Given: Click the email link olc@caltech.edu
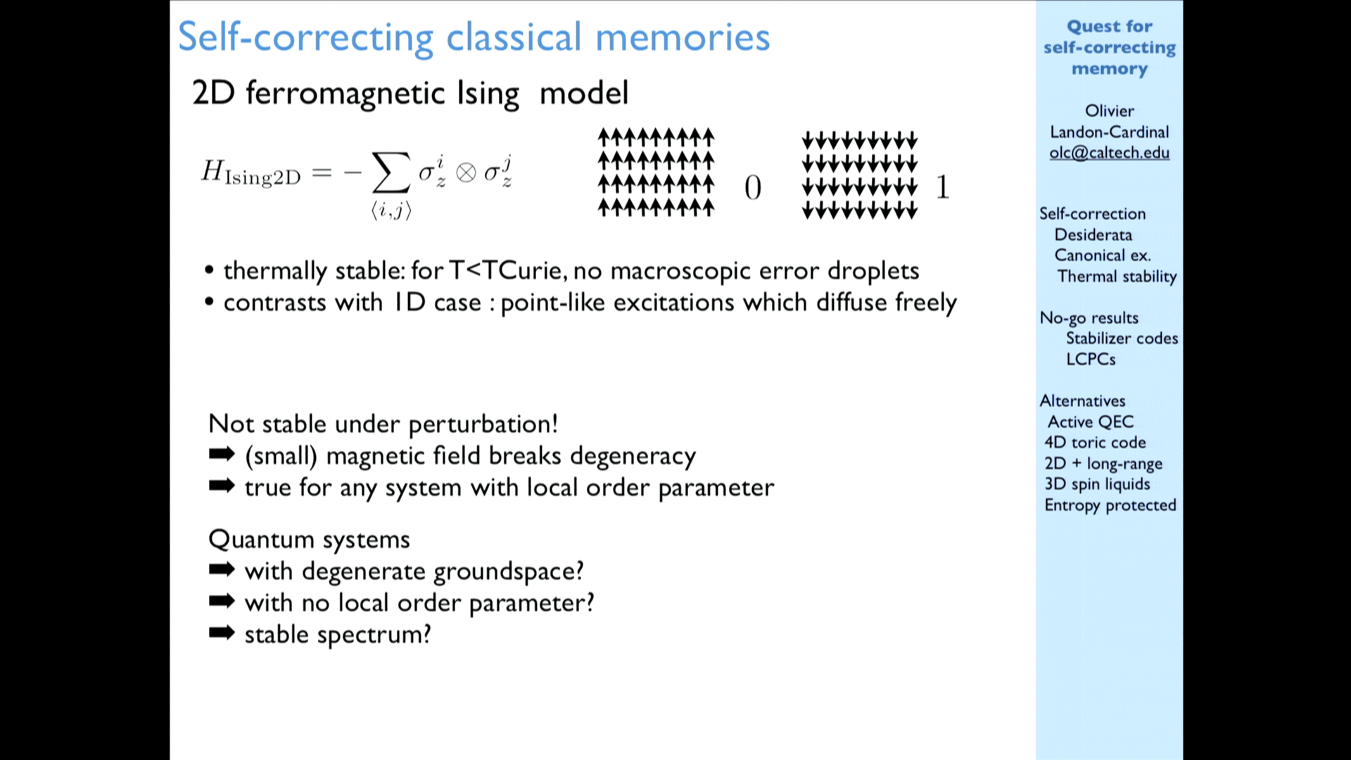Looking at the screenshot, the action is (x=1109, y=153).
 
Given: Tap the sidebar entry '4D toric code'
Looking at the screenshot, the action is (x=1095, y=442).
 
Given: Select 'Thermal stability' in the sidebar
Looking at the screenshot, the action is (x=1117, y=277).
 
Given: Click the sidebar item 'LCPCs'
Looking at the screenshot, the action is (x=1091, y=359).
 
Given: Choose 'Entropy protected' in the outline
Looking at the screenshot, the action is (x=1110, y=505).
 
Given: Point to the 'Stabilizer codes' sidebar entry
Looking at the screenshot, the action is (x=1122, y=338).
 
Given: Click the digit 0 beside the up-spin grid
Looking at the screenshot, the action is (x=752, y=187).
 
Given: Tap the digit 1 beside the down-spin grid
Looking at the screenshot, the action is (x=943, y=187).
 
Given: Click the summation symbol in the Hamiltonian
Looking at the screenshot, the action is (x=391, y=172).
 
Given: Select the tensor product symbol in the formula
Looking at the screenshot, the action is (x=466, y=173).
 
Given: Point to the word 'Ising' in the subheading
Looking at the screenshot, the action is (x=488, y=94).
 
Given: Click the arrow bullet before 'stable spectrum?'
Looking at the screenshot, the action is (x=222, y=633).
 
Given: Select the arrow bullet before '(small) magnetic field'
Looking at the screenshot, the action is (x=222, y=455).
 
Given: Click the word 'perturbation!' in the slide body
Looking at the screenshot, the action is (x=483, y=424).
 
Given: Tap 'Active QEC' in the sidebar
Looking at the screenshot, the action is (x=1091, y=422).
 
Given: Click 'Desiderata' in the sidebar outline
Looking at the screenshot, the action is (x=1093, y=234).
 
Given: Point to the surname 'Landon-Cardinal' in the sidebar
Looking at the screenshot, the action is (x=1110, y=132).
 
